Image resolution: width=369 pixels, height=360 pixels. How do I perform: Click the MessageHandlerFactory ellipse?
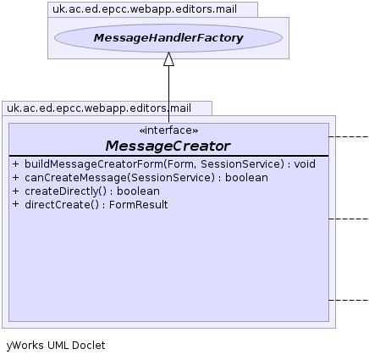click(x=168, y=38)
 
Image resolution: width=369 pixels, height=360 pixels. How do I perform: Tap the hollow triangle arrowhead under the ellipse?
click(x=168, y=59)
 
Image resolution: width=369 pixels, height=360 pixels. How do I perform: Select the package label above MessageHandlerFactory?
click(x=145, y=9)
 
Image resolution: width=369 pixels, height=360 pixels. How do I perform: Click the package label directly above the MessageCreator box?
click(x=99, y=108)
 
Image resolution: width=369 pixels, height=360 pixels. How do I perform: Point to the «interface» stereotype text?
click(x=168, y=130)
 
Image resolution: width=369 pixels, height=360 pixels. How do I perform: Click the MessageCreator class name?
click(x=168, y=146)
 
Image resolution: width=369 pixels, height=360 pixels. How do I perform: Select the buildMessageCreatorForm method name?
click(x=94, y=164)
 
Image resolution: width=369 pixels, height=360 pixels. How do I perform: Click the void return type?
click(x=305, y=164)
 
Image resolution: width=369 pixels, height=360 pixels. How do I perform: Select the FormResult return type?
click(x=139, y=205)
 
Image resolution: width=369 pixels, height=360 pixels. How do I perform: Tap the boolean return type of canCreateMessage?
click(x=246, y=178)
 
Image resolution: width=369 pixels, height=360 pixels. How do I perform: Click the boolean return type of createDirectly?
click(x=138, y=191)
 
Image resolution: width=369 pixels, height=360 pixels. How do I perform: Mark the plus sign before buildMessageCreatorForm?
click(x=15, y=163)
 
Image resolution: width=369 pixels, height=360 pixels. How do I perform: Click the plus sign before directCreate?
click(x=15, y=204)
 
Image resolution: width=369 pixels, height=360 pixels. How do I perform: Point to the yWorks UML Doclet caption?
click(x=56, y=346)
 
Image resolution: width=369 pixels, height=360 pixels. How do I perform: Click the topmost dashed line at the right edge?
click(x=349, y=136)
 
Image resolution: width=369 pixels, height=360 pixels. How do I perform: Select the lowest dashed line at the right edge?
click(x=349, y=300)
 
